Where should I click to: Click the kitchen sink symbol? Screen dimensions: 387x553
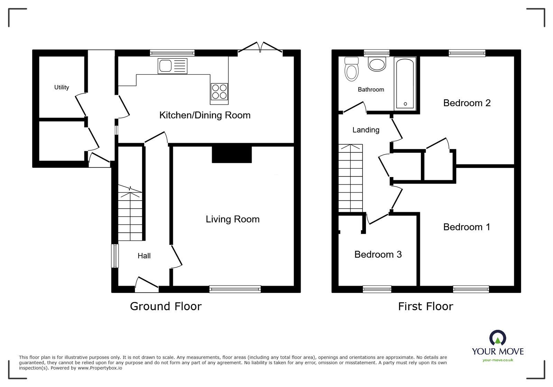click(x=172, y=66)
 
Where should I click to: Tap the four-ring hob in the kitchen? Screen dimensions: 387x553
click(x=219, y=92)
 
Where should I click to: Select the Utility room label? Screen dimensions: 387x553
click(x=62, y=87)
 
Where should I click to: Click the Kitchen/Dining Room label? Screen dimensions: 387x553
click(x=205, y=115)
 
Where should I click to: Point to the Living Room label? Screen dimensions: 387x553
click(x=232, y=219)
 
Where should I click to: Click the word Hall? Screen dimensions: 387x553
click(x=144, y=256)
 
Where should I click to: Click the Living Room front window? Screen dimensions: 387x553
click(x=235, y=289)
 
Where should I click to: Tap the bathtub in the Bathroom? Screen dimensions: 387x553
click(x=405, y=83)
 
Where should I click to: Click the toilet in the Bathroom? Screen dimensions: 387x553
click(x=352, y=69)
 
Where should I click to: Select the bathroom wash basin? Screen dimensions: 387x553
click(x=377, y=64)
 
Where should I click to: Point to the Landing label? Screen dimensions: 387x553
click(x=366, y=130)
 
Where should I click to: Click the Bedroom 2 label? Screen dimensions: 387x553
click(x=467, y=103)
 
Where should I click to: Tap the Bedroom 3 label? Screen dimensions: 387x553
click(x=378, y=255)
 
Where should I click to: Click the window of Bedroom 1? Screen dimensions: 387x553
click(x=471, y=289)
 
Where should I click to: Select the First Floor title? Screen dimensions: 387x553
click(x=425, y=306)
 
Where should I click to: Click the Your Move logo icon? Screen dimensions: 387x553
click(x=497, y=338)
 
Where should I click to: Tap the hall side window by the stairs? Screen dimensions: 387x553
click(x=114, y=256)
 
